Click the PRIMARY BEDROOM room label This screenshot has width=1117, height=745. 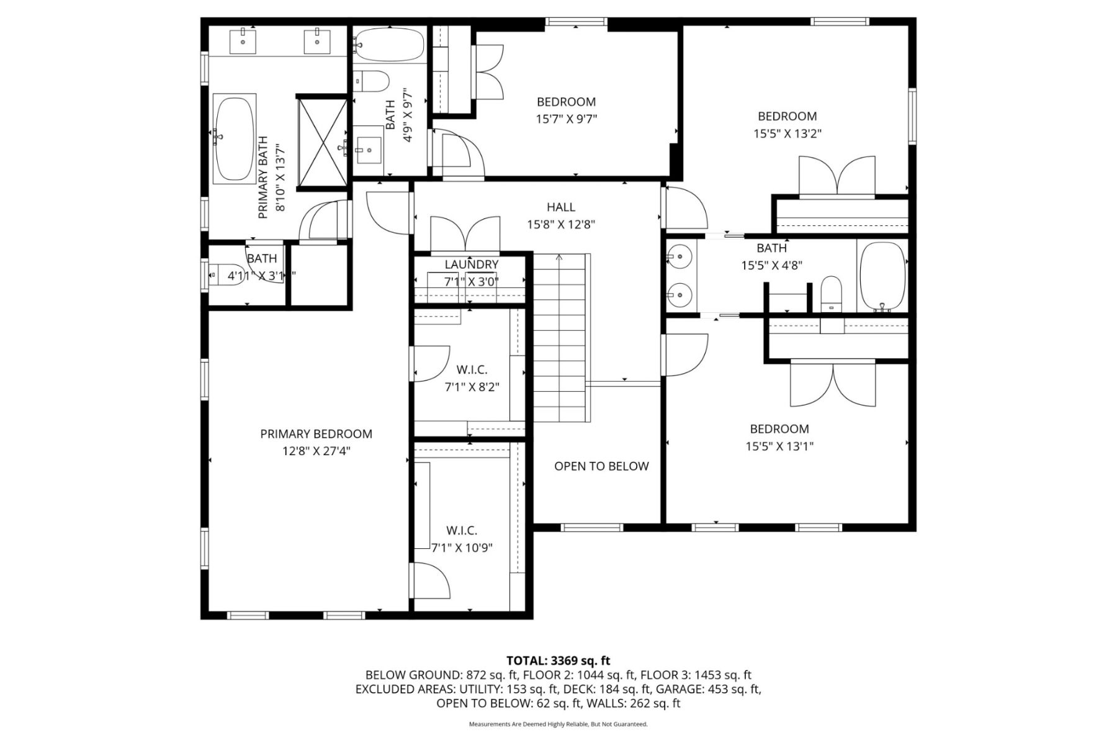(x=316, y=434)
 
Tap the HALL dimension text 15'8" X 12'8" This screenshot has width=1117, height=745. (x=561, y=225)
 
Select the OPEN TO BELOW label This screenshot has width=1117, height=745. (x=601, y=466)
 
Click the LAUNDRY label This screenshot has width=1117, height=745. (x=472, y=264)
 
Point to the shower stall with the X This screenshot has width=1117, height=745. (x=323, y=141)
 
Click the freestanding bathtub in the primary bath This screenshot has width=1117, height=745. (x=235, y=138)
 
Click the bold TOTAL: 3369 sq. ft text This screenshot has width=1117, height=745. (x=558, y=661)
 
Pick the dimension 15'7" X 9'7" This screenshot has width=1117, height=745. (x=567, y=119)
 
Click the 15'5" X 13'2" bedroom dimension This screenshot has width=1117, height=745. (x=787, y=133)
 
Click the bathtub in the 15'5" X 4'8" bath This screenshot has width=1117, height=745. (x=882, y=276)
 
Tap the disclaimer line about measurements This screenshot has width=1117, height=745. (x=558, y=725)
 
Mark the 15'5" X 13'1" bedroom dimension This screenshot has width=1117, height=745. (x=779, y=446)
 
